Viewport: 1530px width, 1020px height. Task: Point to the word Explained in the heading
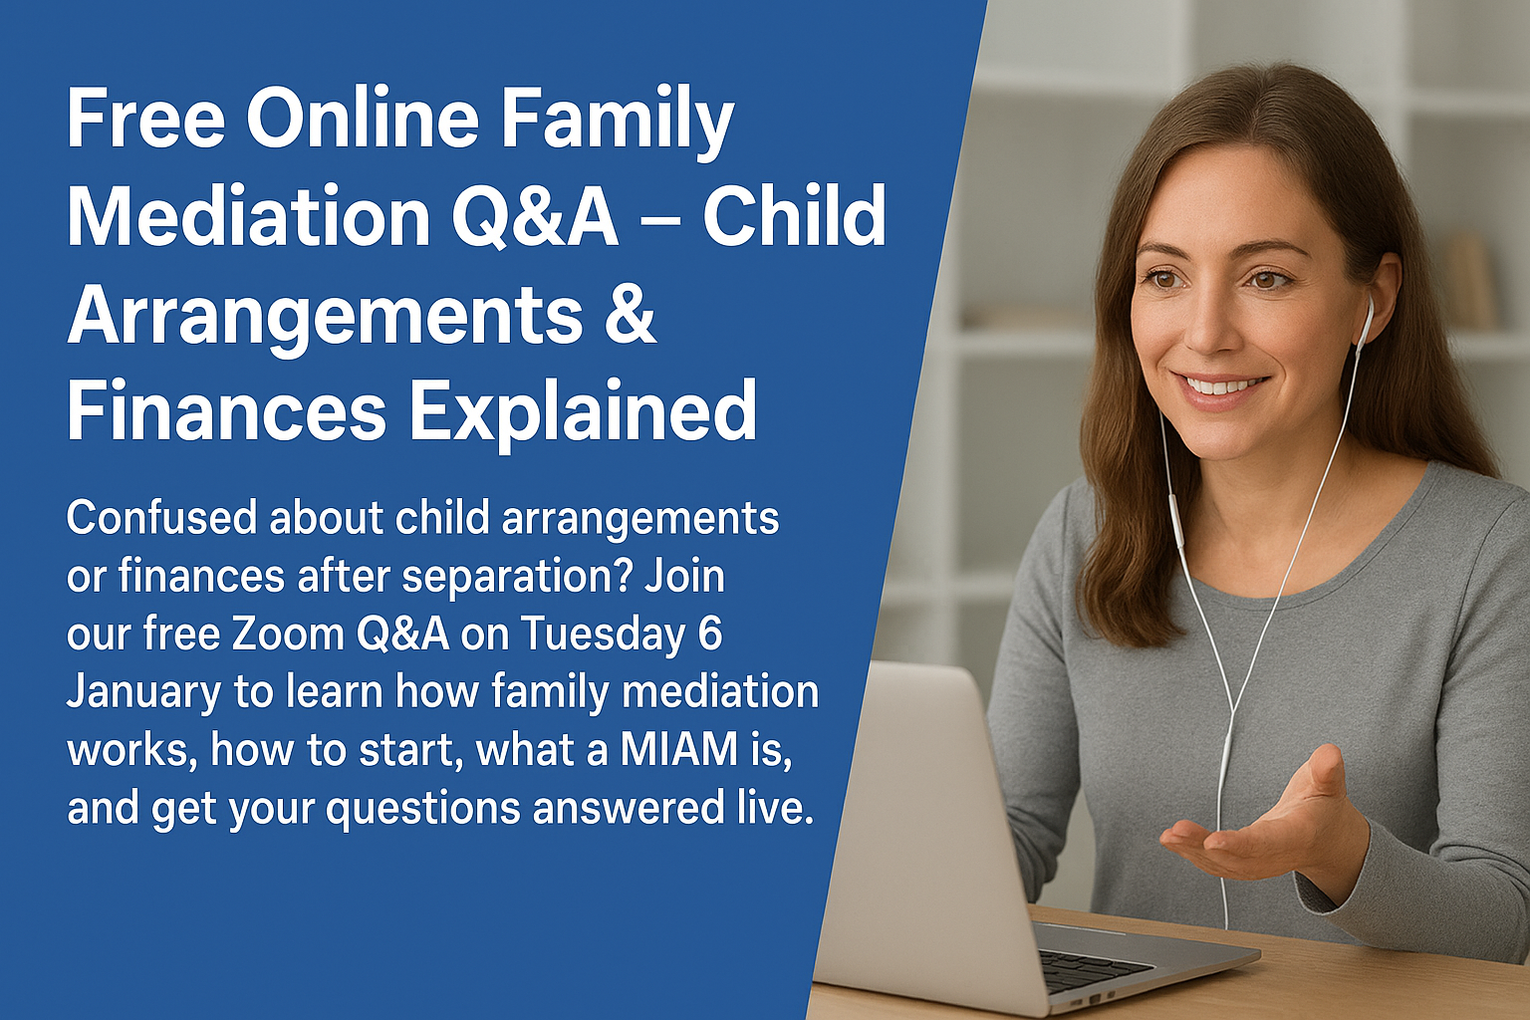tap(583, 410)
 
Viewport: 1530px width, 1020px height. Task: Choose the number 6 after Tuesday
tap(710, 634)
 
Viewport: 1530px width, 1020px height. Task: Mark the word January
tap(143, 692)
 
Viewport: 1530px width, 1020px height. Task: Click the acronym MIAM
tap(679, 749)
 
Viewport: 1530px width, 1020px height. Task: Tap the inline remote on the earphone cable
tap(1175, 518)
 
